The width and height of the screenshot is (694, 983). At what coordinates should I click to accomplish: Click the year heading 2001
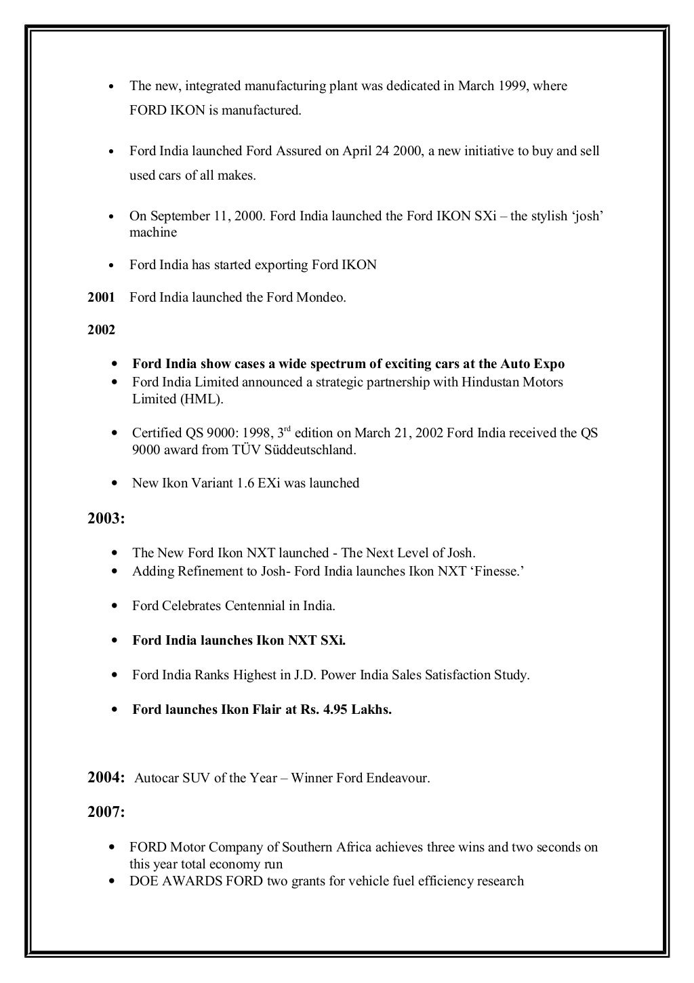pyautogui.click(x=101, y=298)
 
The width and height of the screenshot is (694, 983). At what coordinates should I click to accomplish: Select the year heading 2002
pyautogui.click(x=101, y=331)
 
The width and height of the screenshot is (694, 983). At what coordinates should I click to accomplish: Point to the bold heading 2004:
pyautogui.click(x=106, y=778)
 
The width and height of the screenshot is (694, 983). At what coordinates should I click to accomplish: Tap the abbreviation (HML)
pyautogui.click(x=201, y=399)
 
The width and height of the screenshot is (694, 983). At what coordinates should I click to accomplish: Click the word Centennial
pyautogui.click(x=256, y=606)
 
